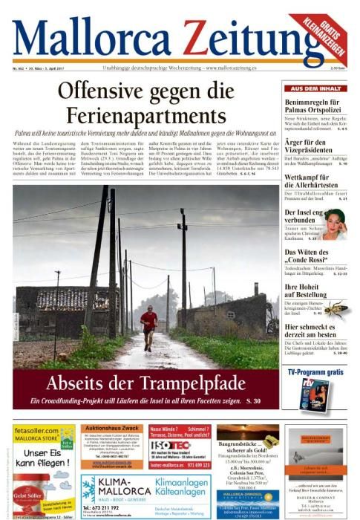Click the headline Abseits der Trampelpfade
coord(145,383)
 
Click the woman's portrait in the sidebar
coord(334,222)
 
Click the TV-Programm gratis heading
coord(315,371)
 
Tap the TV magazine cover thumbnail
coord(314,394)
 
